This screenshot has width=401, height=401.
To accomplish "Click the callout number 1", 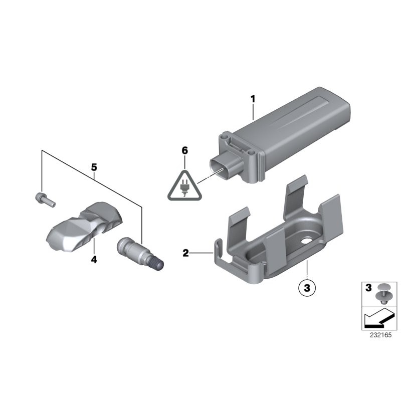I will point(253,99).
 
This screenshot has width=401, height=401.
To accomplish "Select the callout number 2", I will point(185,253).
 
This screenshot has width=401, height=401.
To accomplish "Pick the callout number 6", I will point(184,150).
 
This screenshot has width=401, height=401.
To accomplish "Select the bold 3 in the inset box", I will point(368,288).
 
